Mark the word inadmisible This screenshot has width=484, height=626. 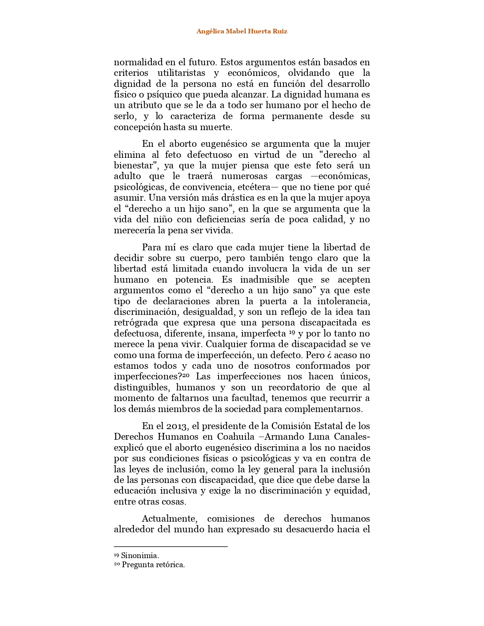pos(265,280)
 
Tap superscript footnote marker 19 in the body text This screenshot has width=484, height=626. pos(292,332)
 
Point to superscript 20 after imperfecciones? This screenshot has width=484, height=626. pos(186,375)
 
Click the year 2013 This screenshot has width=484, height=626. pos(177,426)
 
